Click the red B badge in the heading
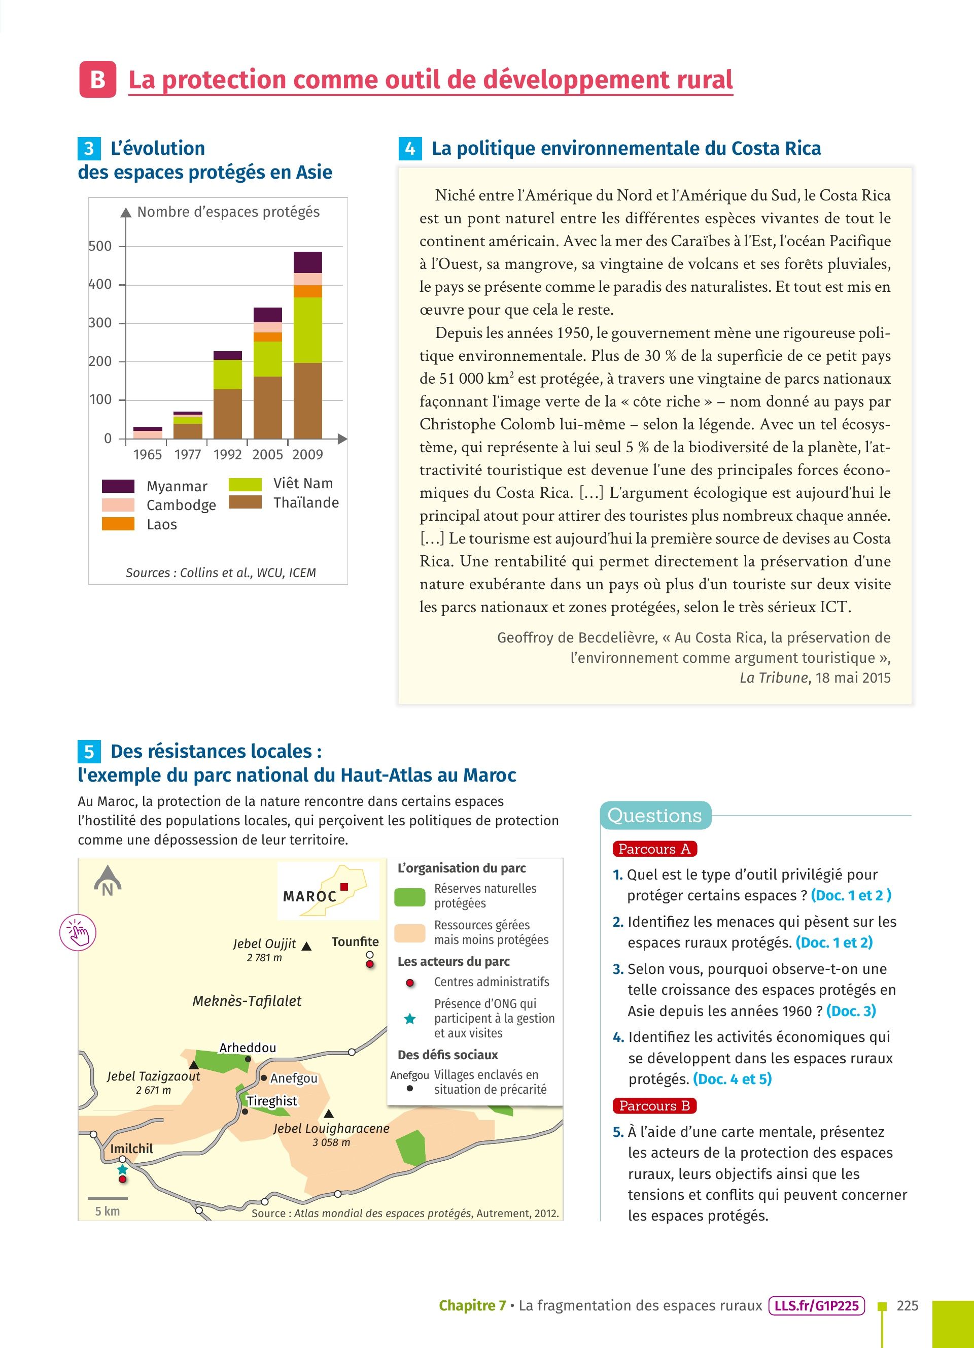pyautogui.click(x=97, y=80)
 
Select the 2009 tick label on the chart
pyautogui.click(x=307, y=455)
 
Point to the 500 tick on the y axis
pyautogui.click(x=100, y=246)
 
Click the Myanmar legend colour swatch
pyautogui.click(x=118, y=486)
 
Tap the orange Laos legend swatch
pyautogui.click(x=118, y=524)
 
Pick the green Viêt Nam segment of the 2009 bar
pyautogui.click(x=307, y=330)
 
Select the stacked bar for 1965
pyautogui.click(x=148, y=433)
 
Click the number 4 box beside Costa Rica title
pyautogui.click(x=410, y=149)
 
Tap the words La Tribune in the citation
pyautogui.click(x=773, y=678)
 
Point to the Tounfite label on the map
pyautogui.click(x=355, y=941)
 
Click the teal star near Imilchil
pyautogui.click(x=122, y=1169)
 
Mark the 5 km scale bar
pyautogui.click(x=108, y=1198)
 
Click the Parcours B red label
pyautogui.click(x=654, y=1105)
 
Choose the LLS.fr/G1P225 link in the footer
pyautogui.click(x=817, y=1306)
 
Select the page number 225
pyautogui.click(x=907, y=1306)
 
